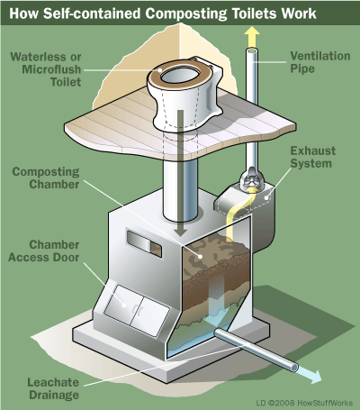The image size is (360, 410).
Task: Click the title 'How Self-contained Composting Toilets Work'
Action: point(179,13)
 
